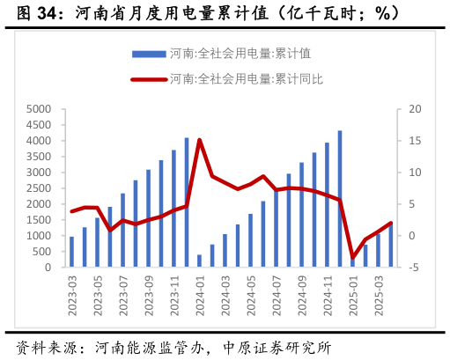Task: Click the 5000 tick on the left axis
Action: coord(41,109)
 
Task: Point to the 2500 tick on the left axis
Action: coord(41,188)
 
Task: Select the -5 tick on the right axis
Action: coord(403,268)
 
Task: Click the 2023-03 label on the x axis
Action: coord(72,293)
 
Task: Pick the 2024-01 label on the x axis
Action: coord(199,293)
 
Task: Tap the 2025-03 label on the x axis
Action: coord(378,293)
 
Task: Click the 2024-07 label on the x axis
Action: coord(276,293)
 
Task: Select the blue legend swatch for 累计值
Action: coord(148,54)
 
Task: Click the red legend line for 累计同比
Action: coord(148,79)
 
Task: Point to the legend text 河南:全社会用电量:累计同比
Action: coord(246,79)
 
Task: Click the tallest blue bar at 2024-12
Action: coord(340,199)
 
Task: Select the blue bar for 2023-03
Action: coord(72,252)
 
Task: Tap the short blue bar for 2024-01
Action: coord(199,261)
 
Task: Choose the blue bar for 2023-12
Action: coord(187,202)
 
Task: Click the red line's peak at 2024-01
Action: coord(199,140)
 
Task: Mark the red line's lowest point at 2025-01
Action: coord(352,258)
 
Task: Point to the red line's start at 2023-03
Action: coord(72,211)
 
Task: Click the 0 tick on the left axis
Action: coord(52,268)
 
